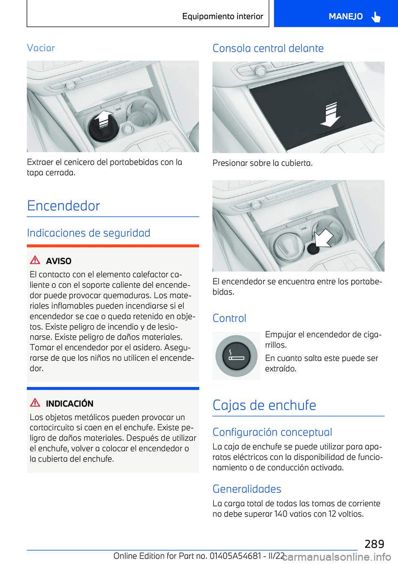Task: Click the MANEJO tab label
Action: [x=345, y=17]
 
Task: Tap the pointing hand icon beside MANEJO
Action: [x=376, y=17]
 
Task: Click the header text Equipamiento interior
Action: [x=223, y=17]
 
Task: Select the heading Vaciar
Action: [x=41, y=48]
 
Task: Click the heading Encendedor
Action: [x=63, y=206]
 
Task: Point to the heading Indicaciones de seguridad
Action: [x=88, y=233]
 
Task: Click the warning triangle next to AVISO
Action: [x=35, y=260]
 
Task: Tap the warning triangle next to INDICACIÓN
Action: [x=35, y=403]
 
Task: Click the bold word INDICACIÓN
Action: [x=70, y=404]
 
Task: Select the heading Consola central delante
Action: [x=268, y=48]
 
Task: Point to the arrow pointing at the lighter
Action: [x=324, y=238]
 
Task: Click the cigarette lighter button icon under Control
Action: [x=236, y=356]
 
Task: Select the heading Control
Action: [x=229, y=318]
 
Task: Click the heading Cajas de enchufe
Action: [x=264, y=405]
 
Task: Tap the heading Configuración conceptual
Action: [x=272, y=432]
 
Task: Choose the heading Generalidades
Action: [x=247, y=489]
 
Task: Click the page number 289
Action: [x=374, y=544]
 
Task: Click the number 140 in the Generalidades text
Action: [x=281, y=514]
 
